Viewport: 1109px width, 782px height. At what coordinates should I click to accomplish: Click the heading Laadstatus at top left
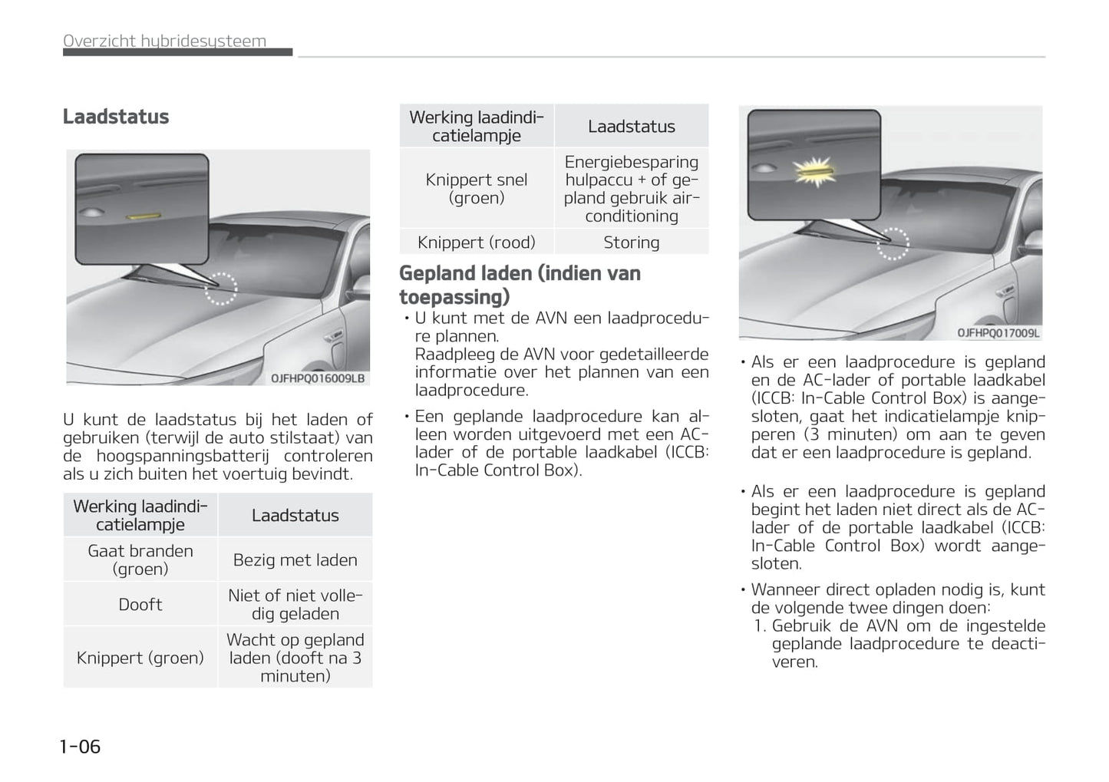coord(116,117)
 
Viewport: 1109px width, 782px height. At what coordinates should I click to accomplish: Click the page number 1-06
coord(80,746)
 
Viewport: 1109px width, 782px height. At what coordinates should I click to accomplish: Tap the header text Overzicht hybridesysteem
coord(164,41)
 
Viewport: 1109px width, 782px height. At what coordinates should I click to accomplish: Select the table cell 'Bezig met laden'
coord(295,560)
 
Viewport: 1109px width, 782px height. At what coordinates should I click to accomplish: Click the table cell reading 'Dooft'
coord(140,605)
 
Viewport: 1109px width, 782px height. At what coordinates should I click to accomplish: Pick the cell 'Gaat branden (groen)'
coord(140,560)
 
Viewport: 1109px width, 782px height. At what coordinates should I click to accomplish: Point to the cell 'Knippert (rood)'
coord(476,243)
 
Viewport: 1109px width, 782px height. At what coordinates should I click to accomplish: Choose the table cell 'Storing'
coord(631,243)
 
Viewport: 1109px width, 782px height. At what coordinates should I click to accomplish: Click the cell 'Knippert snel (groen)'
coord(476,189)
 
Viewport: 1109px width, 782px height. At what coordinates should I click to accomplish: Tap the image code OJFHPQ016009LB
coord(318,378)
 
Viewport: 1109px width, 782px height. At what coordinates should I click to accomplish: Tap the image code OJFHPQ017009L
coord(998,333)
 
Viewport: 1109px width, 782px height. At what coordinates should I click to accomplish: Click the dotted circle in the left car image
coord(221,289)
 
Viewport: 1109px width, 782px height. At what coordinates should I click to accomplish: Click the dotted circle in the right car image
coord(893,243)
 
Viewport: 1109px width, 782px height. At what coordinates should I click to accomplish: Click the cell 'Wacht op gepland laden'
coord(295,658)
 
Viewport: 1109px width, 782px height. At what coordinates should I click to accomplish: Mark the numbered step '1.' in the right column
coord(760,626)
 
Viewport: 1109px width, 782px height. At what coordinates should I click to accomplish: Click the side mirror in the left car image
coord(333,335)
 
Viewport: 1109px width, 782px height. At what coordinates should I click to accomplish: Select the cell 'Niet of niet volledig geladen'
coord(295,605)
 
